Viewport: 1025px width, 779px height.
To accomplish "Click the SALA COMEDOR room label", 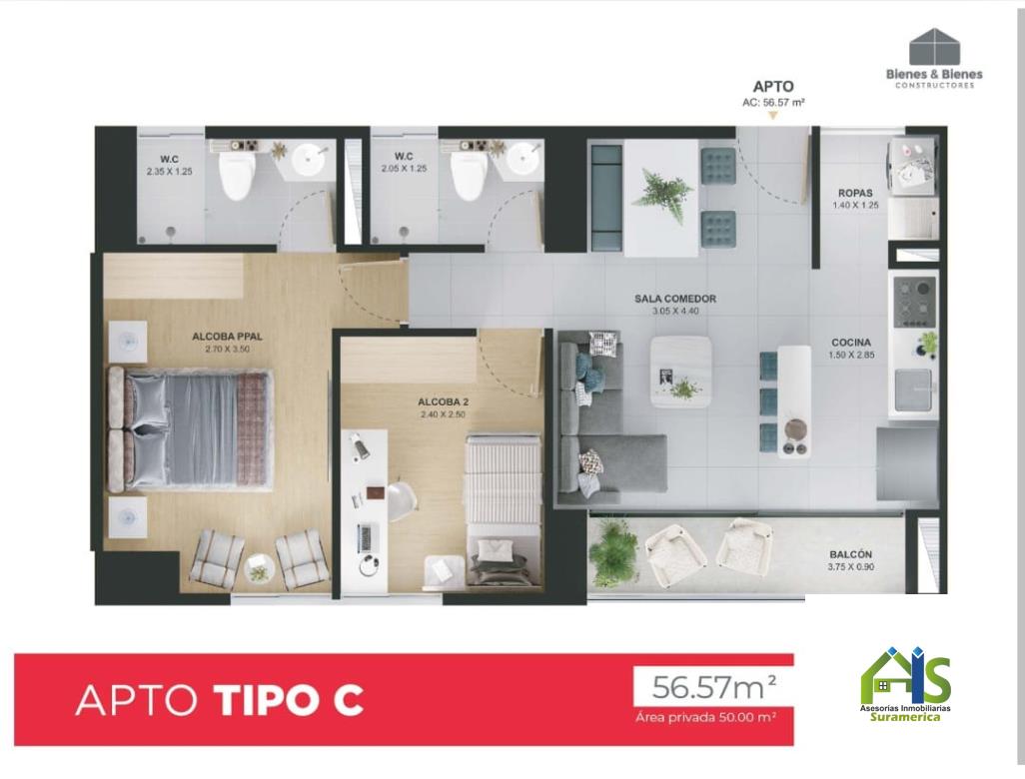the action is click(x=675, y=299).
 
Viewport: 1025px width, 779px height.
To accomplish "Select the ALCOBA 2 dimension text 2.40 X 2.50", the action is click(x=444, y=414).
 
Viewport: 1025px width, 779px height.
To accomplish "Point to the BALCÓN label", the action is click(x=850, y=554).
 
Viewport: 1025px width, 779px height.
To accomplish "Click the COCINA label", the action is click(x=851, y=343).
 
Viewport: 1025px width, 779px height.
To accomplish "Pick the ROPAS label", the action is click(x=855, y=194).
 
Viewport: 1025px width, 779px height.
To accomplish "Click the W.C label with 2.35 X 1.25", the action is click(x=169, y=160).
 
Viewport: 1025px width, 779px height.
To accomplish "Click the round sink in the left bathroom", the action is click(x=309, y=160).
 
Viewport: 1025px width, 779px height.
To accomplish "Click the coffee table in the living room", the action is click(x=681, y=372).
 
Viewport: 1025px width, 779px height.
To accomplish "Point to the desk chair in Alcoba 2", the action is click(x=402, y=500).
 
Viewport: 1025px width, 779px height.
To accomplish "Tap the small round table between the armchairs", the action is click(x=259, y=570).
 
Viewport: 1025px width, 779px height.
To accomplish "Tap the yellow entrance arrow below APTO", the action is click(x=772, y=116).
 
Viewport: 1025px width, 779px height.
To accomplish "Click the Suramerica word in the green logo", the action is click(x=905, y=717).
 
